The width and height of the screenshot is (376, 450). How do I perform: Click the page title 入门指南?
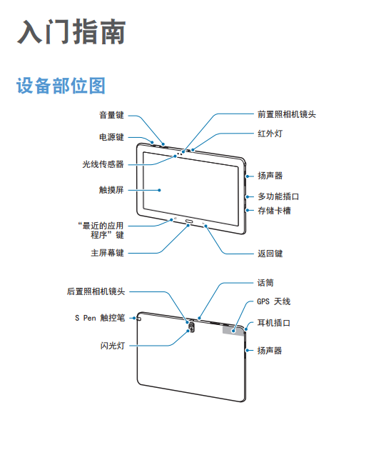point(71,31)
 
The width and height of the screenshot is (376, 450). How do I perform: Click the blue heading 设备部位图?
point(61,86)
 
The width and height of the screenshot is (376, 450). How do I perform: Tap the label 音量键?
point(111,115)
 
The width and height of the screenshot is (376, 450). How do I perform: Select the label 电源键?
point(111,137)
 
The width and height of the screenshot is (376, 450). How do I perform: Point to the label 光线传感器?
point(103,164)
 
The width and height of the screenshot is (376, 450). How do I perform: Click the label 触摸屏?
point(111,190)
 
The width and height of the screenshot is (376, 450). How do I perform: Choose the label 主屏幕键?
point(108,253)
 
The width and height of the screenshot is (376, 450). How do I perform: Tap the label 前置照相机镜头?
point(287,114)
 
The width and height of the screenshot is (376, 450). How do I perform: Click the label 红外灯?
point(270,134)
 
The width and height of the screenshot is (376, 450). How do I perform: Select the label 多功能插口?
point(278,196)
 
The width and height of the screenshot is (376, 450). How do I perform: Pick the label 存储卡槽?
point(274,211)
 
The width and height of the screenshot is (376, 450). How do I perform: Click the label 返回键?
point(270,254)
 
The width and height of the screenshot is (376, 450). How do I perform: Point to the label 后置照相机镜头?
point(96,291)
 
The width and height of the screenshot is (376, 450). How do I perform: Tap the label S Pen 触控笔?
point(100,318)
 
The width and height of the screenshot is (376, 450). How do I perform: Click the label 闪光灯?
point(113,346)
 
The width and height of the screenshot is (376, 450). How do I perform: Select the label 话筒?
point(265,283)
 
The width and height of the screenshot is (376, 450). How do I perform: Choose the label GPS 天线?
point(274,301)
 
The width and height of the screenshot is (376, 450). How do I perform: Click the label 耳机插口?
point(274,323)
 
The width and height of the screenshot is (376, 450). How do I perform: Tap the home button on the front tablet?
point(190,221)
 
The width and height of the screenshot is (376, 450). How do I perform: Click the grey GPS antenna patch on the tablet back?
point(233,330)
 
